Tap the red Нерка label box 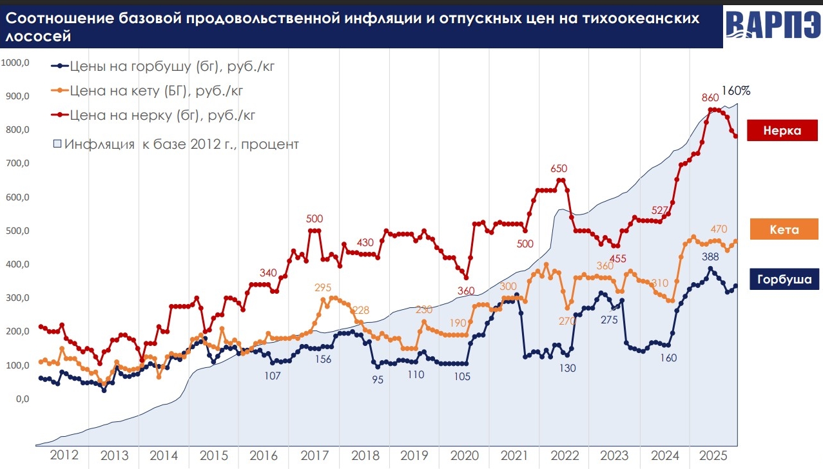pos(782,130)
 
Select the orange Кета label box pos(784,229)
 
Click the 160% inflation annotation pos(735,91)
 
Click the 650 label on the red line pos(558,169)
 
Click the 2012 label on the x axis pos(64,455)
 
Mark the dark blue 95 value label pos(378,379)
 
